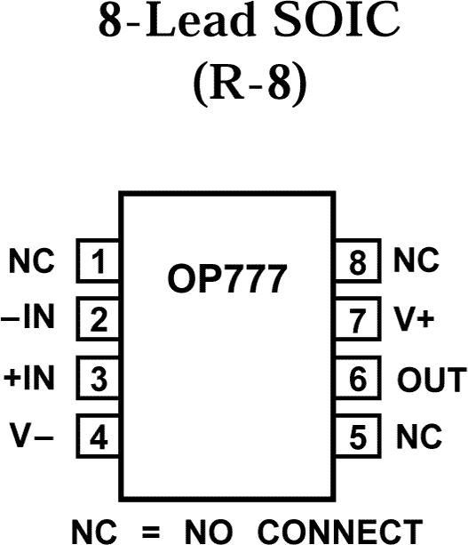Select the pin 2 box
point(99,319)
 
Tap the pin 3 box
point(99,378)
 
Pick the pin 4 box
point(99,437)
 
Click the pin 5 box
point(358,437)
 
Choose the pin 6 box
point(358,378)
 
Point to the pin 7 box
point(358,319)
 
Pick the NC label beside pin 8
point(416,261)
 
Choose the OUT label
point(430,379)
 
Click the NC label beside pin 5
point(416,437)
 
